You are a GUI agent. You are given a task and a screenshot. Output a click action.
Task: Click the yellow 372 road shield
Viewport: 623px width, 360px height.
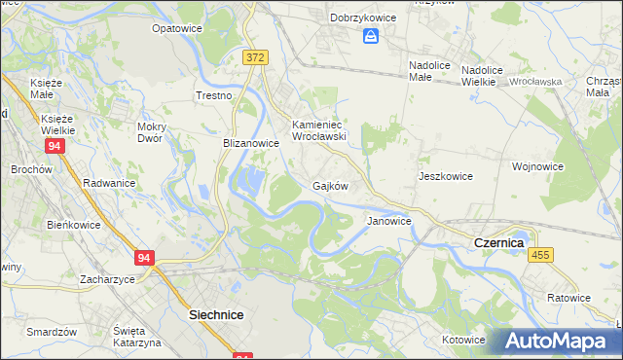(x=255, y=58)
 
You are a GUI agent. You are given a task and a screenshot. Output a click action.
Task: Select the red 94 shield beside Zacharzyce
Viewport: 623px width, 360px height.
(x=145, y=258)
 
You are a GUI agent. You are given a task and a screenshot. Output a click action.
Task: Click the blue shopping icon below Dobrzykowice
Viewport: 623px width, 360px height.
(x=370, y=37)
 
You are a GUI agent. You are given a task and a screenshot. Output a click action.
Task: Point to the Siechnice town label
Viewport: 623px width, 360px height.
(x=215, y=315)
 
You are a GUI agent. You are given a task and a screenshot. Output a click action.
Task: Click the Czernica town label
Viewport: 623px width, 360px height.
(x=497, y=241)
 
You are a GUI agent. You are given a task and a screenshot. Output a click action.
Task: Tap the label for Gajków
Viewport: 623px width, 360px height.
(x=330, y=185)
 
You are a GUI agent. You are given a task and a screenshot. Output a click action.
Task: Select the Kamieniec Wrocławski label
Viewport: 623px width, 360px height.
(x=320, y=130)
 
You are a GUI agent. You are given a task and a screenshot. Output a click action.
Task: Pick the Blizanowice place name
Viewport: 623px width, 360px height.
(x=251, y=142)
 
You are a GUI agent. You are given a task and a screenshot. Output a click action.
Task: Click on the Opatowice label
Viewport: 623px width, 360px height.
(x=176, y=29)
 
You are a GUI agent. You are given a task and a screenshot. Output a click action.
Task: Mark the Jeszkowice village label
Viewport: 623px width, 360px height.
(x=445, y=176)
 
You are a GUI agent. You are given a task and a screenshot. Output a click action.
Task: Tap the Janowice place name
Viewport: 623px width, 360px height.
(x=388, y=221)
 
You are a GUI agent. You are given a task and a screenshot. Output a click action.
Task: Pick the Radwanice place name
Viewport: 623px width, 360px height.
(x=109, y=182)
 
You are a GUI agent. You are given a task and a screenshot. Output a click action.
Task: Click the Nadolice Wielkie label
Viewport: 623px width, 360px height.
(x=491, y=76)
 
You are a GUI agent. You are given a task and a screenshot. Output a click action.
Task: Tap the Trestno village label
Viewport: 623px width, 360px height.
(x=214, y=95)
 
